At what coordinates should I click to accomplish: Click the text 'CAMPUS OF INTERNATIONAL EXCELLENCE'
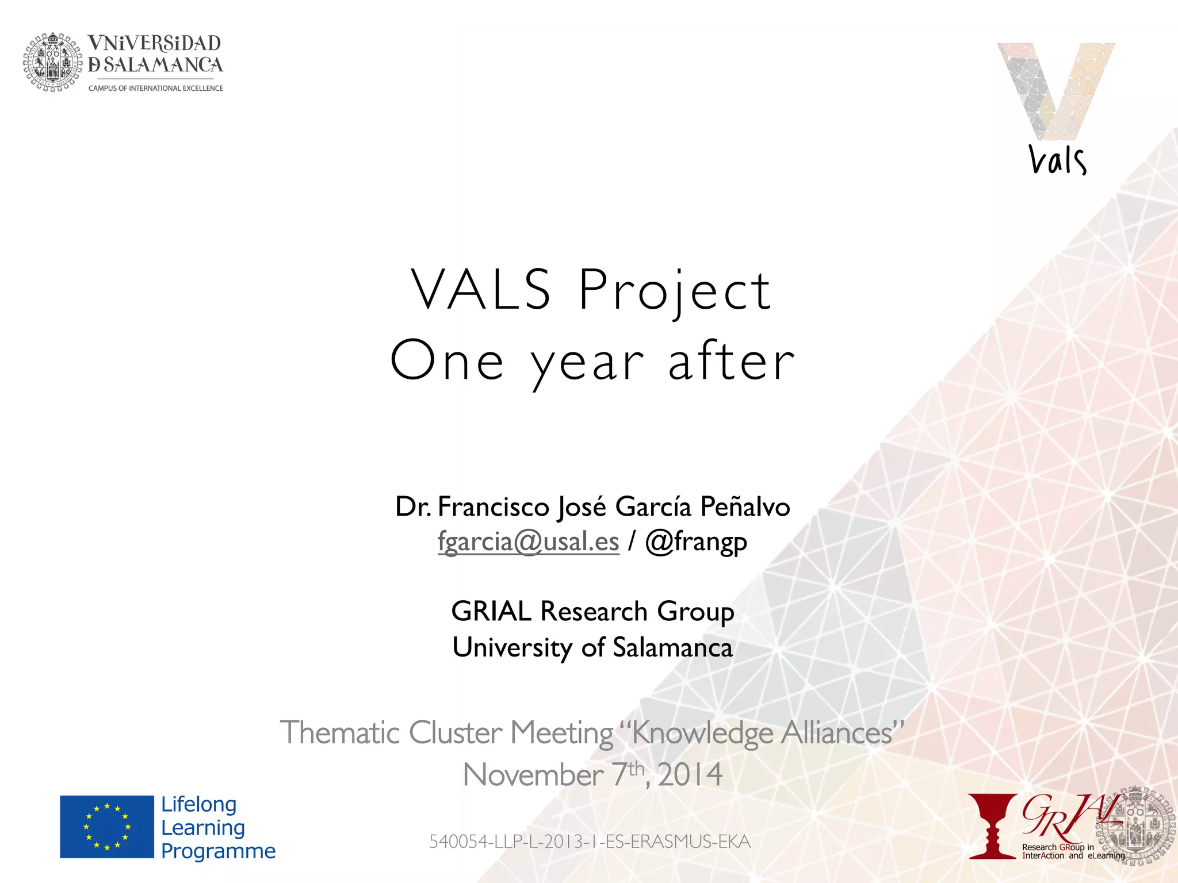(x=155, y=89)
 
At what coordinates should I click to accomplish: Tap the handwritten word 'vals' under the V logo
(x=1057, y=160)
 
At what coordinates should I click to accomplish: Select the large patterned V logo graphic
(x=1055, y=89)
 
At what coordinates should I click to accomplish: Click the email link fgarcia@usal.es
(x=528, y=542)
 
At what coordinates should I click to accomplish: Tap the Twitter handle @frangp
(x=696, y=542)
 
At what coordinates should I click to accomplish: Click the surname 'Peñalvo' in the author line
(x=745, y=507)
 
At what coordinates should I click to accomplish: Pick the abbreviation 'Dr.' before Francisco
(x=413, y=507)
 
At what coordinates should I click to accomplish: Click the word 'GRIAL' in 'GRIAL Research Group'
(x=491, y=611)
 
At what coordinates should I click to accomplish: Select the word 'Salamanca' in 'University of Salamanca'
(x=672, y=648)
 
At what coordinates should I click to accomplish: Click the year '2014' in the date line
(x=690, y=775)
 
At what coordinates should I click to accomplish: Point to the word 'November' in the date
(x=533, y=775)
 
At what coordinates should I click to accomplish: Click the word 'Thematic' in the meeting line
(x=339, y=733)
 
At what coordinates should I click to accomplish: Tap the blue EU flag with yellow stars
(x=107, y=827)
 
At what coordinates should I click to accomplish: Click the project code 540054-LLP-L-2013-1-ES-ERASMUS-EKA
(x=590, y=842)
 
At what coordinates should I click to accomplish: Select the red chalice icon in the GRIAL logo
(x=992, y=827)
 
